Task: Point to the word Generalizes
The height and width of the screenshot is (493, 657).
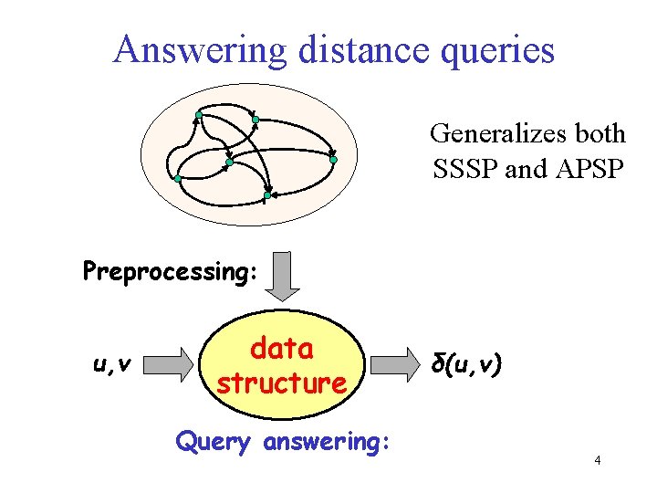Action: (499, 134)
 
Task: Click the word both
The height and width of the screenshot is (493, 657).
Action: (600, 134)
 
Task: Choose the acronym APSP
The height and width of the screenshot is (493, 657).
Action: (586, 169)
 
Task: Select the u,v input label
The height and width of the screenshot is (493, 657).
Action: (112, 365)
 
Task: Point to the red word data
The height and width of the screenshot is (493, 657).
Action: (281, 349)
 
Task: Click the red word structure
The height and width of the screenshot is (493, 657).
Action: (281, 383)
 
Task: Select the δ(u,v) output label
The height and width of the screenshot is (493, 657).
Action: (465, 365)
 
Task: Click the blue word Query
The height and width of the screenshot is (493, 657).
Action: (213, 443)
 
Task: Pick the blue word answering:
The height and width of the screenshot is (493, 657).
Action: (327, 443)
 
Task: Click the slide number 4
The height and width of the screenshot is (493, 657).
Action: (597, 461)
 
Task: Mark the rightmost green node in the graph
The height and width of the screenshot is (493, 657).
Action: (333, 161)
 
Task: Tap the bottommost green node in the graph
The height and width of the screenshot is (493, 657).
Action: (267, 195)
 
